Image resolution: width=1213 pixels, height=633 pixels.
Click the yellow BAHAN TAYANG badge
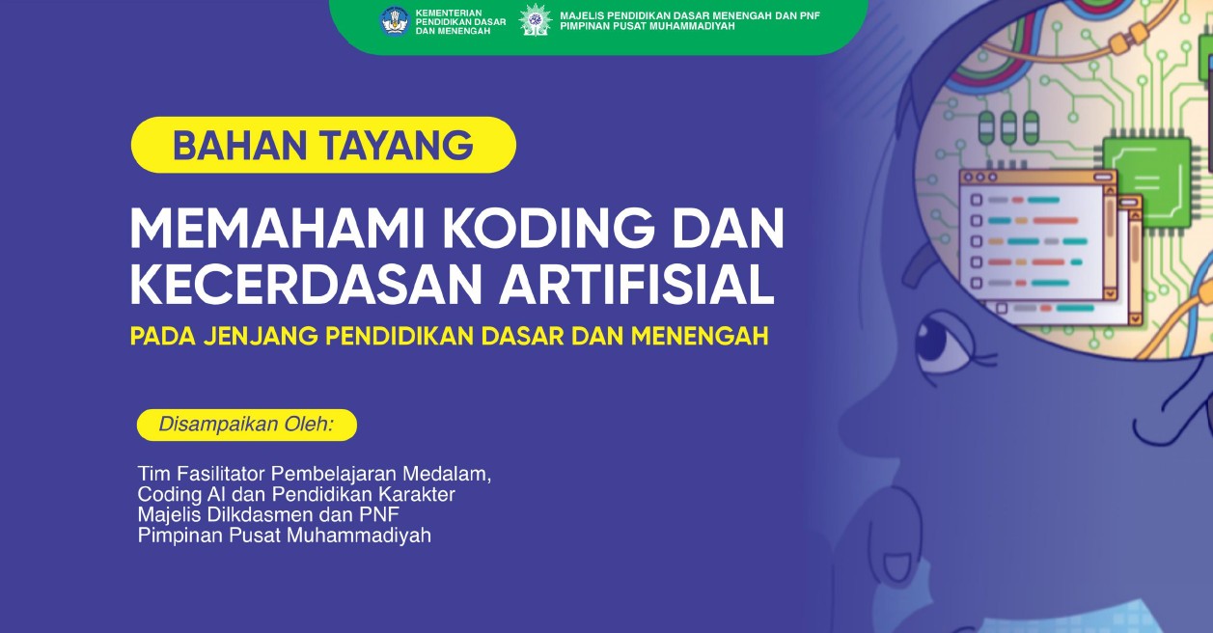pos(323,145)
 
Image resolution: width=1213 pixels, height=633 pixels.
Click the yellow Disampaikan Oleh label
pos(246,425)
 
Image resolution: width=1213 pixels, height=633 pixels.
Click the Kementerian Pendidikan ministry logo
pos(395,20)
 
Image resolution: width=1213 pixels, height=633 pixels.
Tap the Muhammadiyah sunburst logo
pos(536,20)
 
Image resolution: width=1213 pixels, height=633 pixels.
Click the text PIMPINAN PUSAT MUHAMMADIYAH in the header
pos(648,27)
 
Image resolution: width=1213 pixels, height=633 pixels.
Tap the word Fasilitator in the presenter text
pos(219,475)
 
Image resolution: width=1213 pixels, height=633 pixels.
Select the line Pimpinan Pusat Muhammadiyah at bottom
pos(284,536)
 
